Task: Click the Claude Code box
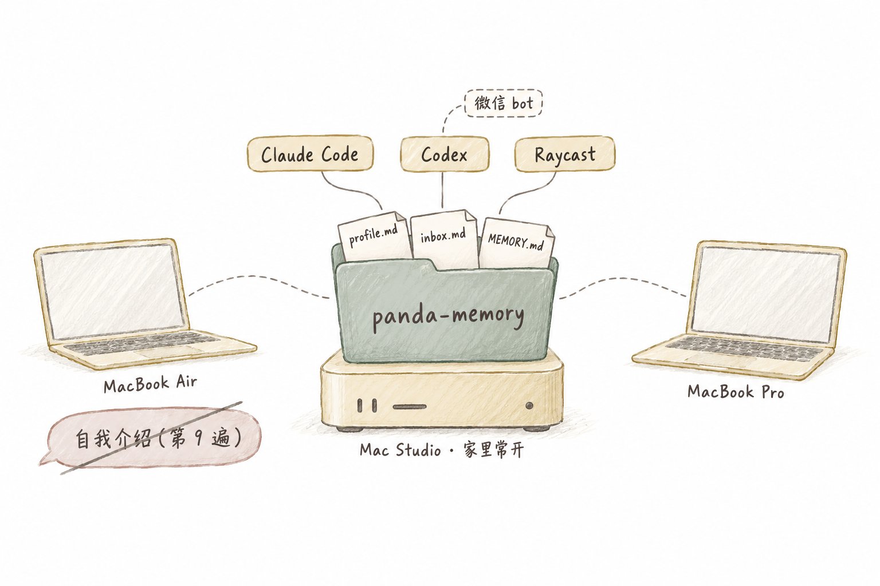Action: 310,153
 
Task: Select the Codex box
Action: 445,155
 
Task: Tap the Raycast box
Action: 564,154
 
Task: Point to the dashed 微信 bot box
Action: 503,103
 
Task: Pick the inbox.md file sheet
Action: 443,239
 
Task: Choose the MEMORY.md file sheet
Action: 517,243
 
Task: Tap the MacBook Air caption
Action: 150,383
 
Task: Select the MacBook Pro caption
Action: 736,391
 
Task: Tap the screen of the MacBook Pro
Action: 764,294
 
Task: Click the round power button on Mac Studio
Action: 529,406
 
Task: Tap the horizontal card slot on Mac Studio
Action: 410,407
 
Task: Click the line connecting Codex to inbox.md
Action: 443,190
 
